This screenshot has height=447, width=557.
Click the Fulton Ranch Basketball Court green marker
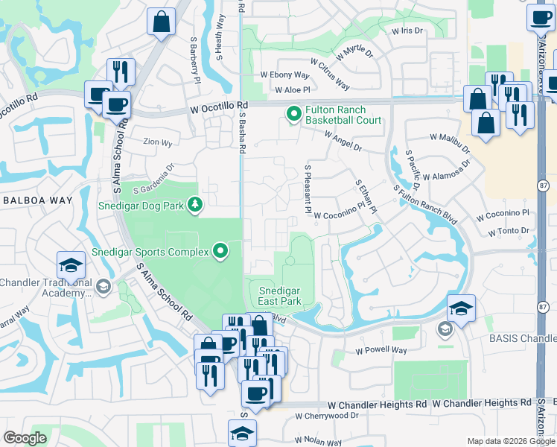[x=293, y=114]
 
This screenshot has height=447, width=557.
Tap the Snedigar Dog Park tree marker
[x=195, y=203]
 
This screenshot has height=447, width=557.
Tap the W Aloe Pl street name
[x=291, y=89]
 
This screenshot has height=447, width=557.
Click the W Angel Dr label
[x=343, y=142]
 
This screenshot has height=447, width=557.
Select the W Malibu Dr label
[x=451, y=138]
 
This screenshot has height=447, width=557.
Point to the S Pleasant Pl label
[x=307, y=185]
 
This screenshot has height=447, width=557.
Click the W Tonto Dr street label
[x=509, y=232]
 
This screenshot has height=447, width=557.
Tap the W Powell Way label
[x=381, y=350]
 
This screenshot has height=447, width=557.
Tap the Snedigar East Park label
[x=279, y=296]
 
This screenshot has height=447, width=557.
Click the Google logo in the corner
[x=25, y=439]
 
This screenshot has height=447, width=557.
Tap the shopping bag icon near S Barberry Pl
[x=161, y=22]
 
